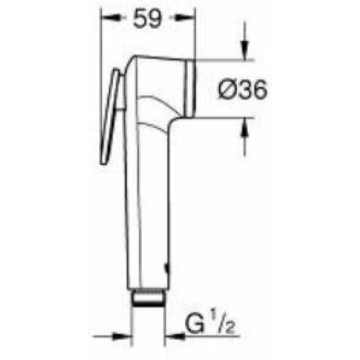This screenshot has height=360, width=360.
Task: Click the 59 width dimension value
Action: click(x=148, y=19)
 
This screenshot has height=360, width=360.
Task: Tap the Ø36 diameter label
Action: click(x=243, y=89)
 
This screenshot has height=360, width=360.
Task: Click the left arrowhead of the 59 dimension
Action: click(x=111, y=17)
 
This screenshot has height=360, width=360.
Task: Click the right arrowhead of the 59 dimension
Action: click(x=185, y=17)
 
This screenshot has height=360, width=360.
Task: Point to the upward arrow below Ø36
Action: click(x=245, y=127)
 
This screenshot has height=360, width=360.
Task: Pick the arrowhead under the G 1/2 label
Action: click(x=175, y=336)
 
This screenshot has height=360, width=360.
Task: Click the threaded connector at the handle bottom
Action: click(x=148, y=298)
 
